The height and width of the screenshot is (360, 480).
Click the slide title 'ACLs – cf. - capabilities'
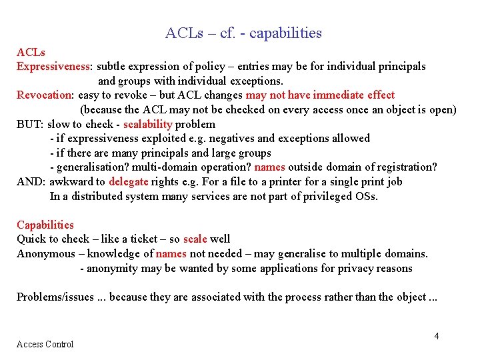[243, 33]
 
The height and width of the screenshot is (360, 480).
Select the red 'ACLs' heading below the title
[31, 52]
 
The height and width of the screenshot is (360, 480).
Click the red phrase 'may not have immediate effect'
[320, 95]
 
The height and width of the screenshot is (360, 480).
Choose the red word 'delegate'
[128, 181]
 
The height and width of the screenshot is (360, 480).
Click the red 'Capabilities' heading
[45, 225]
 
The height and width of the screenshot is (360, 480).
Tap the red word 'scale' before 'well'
[195, 239]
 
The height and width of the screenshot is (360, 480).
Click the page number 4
[437, 336]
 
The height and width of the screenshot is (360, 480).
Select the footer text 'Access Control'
[45, 344]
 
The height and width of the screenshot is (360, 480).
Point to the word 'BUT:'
[30, 124]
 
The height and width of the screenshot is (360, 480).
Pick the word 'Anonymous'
[46, 253]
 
